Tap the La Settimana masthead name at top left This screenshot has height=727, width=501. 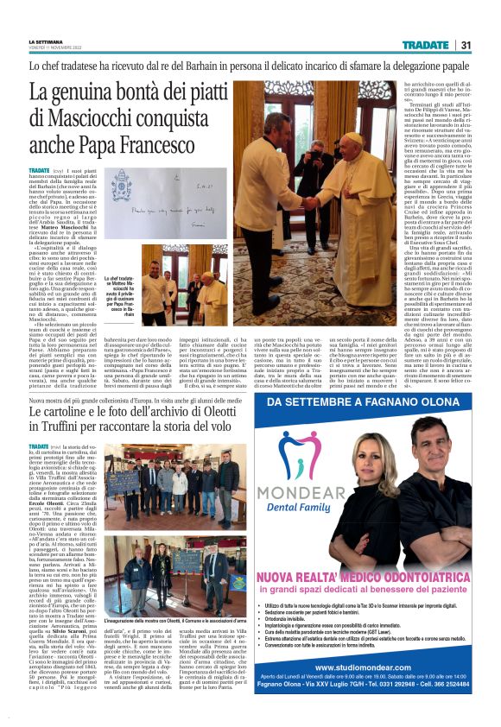coord(46,41)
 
